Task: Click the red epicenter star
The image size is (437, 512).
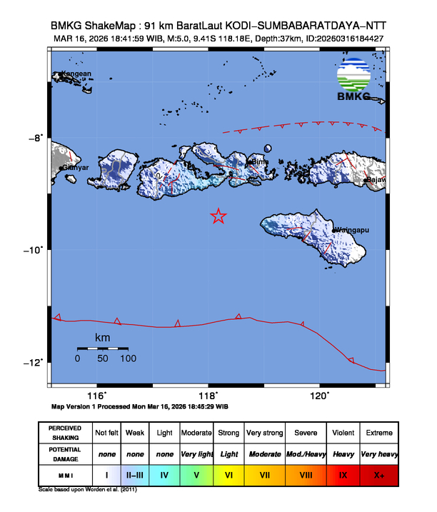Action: [x=218, y=216]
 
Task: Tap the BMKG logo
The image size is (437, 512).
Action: [x=354, y=81]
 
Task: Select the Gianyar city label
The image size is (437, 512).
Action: [x=76, y=168]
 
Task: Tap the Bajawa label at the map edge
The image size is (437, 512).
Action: [x=376, y=180]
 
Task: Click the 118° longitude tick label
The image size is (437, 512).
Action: [x=208, y=396]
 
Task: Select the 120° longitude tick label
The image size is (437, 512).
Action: [x=319, y=396]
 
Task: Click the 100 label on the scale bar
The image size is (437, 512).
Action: [x=128, y=358]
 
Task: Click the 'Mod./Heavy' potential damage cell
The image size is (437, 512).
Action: [x=304, y=454]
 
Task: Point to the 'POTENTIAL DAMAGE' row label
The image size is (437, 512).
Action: [x=65, y=454]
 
